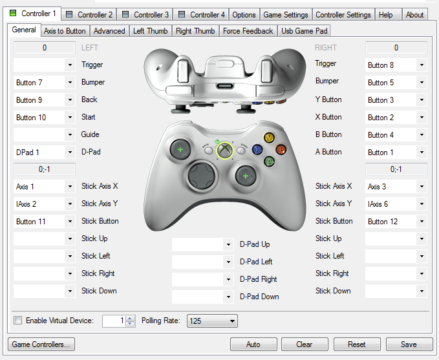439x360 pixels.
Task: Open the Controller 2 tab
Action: (x=90, y=14)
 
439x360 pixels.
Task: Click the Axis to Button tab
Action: (x=65, y=30)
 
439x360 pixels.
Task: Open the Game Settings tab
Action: (x=286, y=14)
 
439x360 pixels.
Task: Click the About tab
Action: (x=414, y=14)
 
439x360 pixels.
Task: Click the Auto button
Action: (x=253, y=344)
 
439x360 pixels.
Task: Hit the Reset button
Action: (x=356, y=344)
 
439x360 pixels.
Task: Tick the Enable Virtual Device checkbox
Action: (x=18, y=321)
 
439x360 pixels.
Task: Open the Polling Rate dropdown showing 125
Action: (x=212, y=321)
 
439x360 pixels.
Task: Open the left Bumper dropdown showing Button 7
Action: (x=45, y=83)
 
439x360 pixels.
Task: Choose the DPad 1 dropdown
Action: (x=45, y=153)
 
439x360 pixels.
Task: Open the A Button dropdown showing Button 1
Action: (x=396, y=153)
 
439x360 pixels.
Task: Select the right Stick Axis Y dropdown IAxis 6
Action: (x=396, y=204)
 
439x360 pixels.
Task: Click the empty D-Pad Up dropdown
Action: (x=202, y=245)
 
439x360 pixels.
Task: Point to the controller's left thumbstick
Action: (x=180, y=150)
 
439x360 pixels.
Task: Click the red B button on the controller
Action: (x=281, y=149)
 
